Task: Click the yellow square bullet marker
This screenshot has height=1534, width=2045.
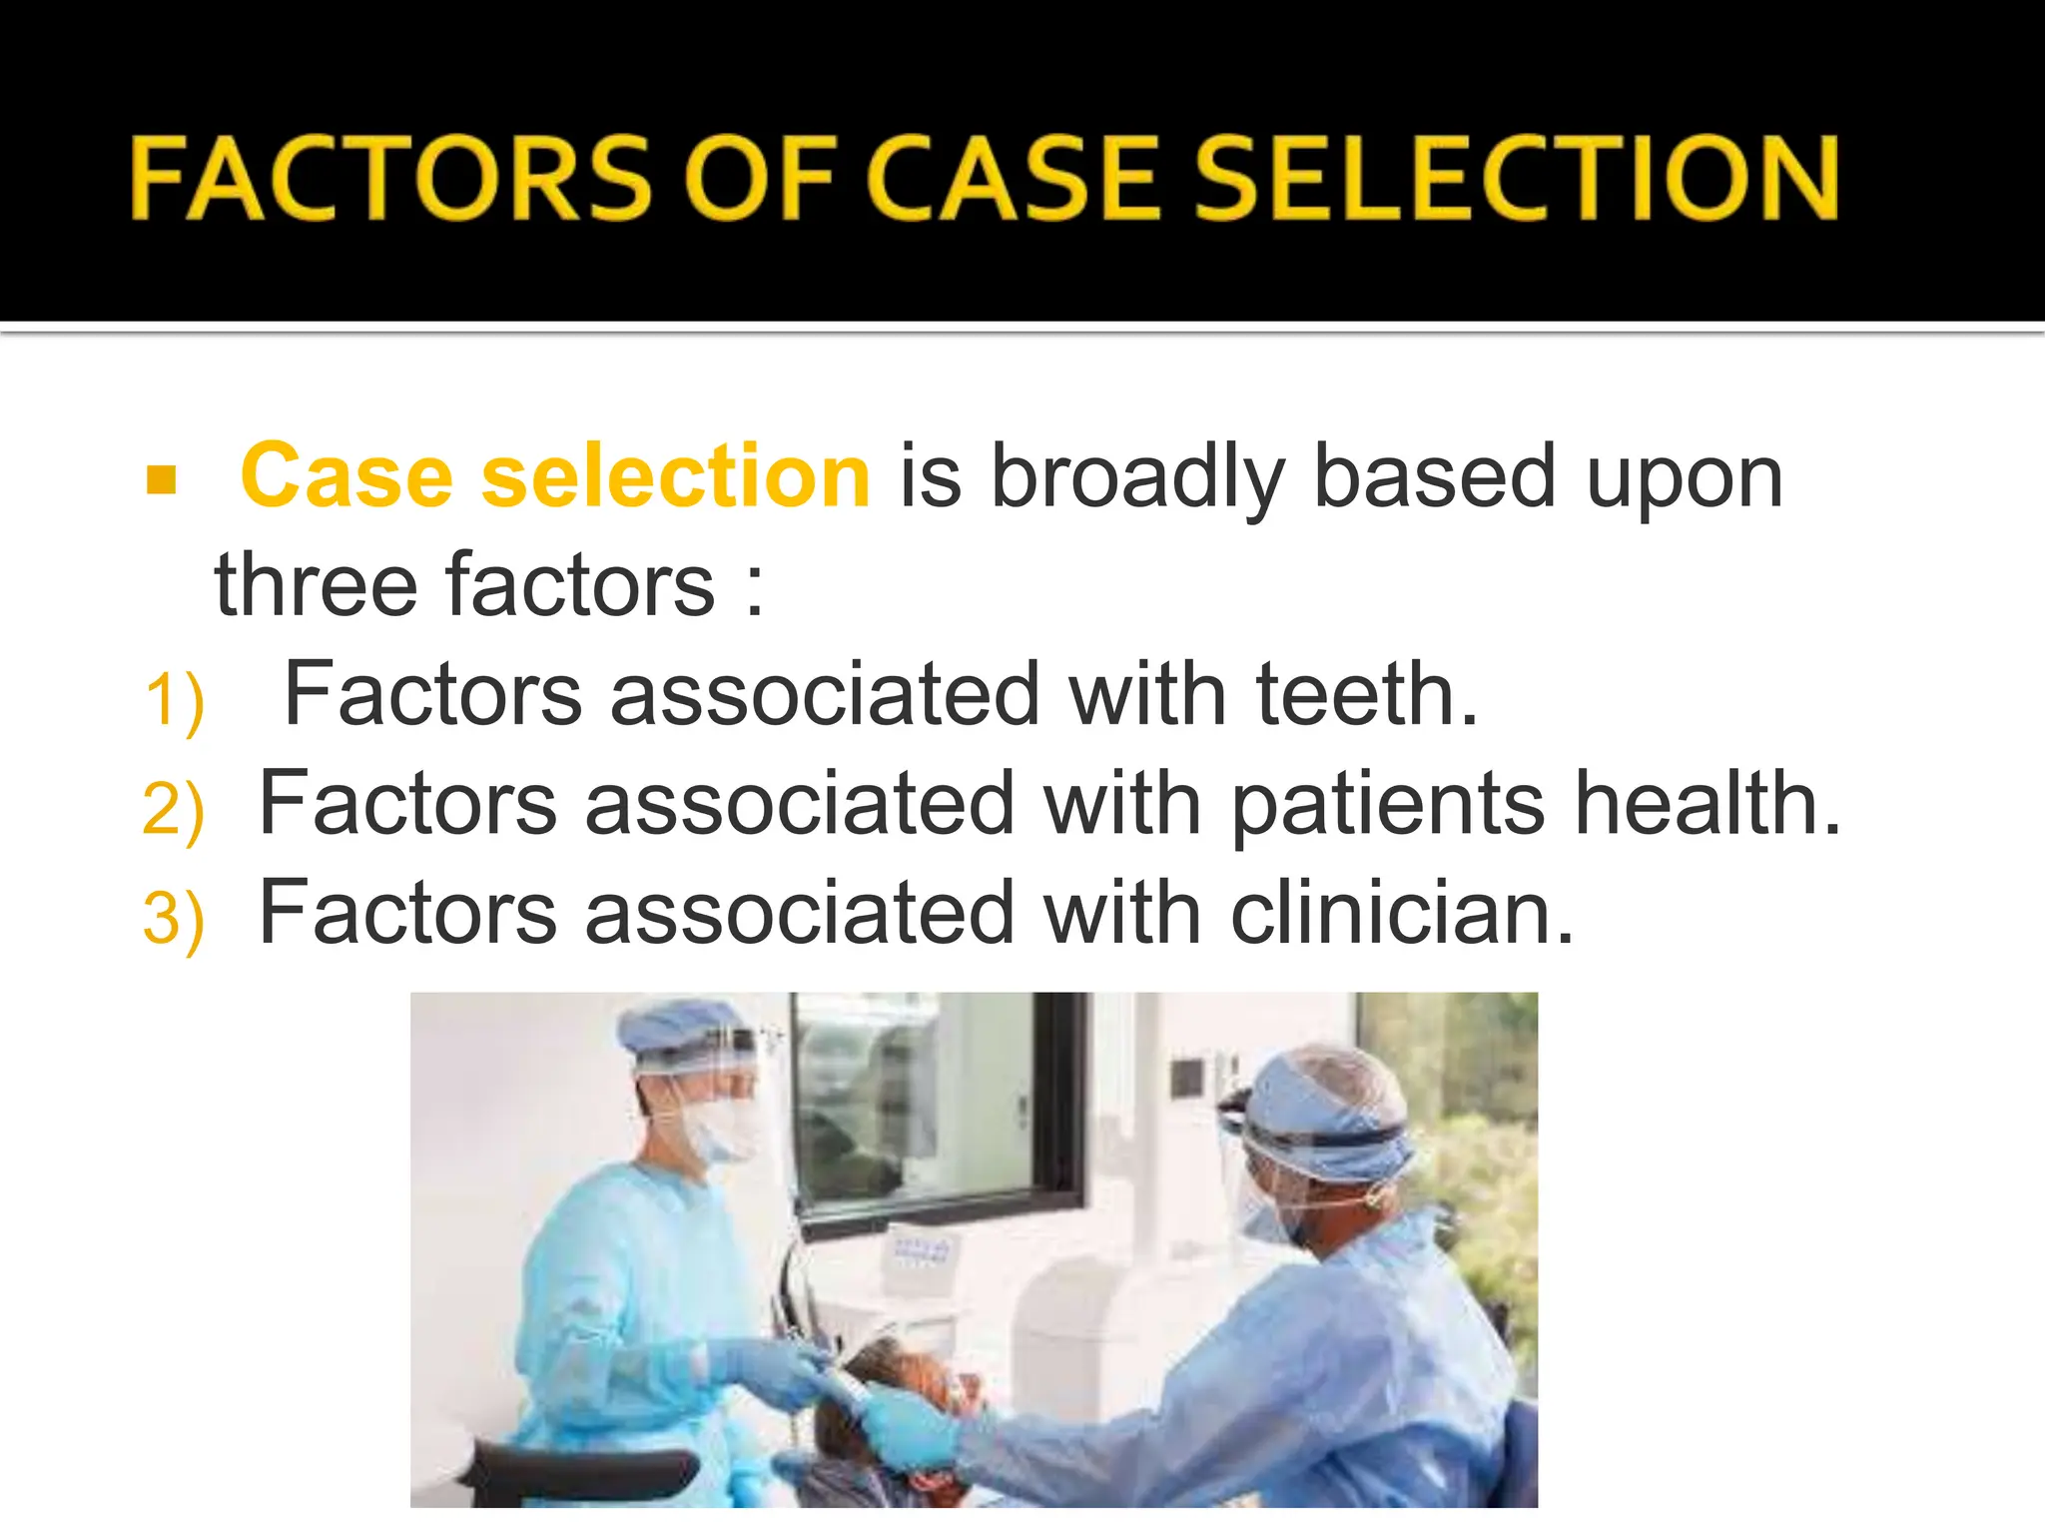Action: [x=161, y=480]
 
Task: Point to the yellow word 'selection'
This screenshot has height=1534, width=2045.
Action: [x=676, y=476]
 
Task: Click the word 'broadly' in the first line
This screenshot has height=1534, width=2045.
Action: [x=1136, y=478]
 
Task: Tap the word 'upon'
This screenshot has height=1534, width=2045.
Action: [x=1684, y=478]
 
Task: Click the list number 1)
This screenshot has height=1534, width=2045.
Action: [x=175, y=701]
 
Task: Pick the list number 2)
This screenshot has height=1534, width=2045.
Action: [x=174, y=810]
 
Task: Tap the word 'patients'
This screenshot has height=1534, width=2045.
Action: [x=1388, y=805]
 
